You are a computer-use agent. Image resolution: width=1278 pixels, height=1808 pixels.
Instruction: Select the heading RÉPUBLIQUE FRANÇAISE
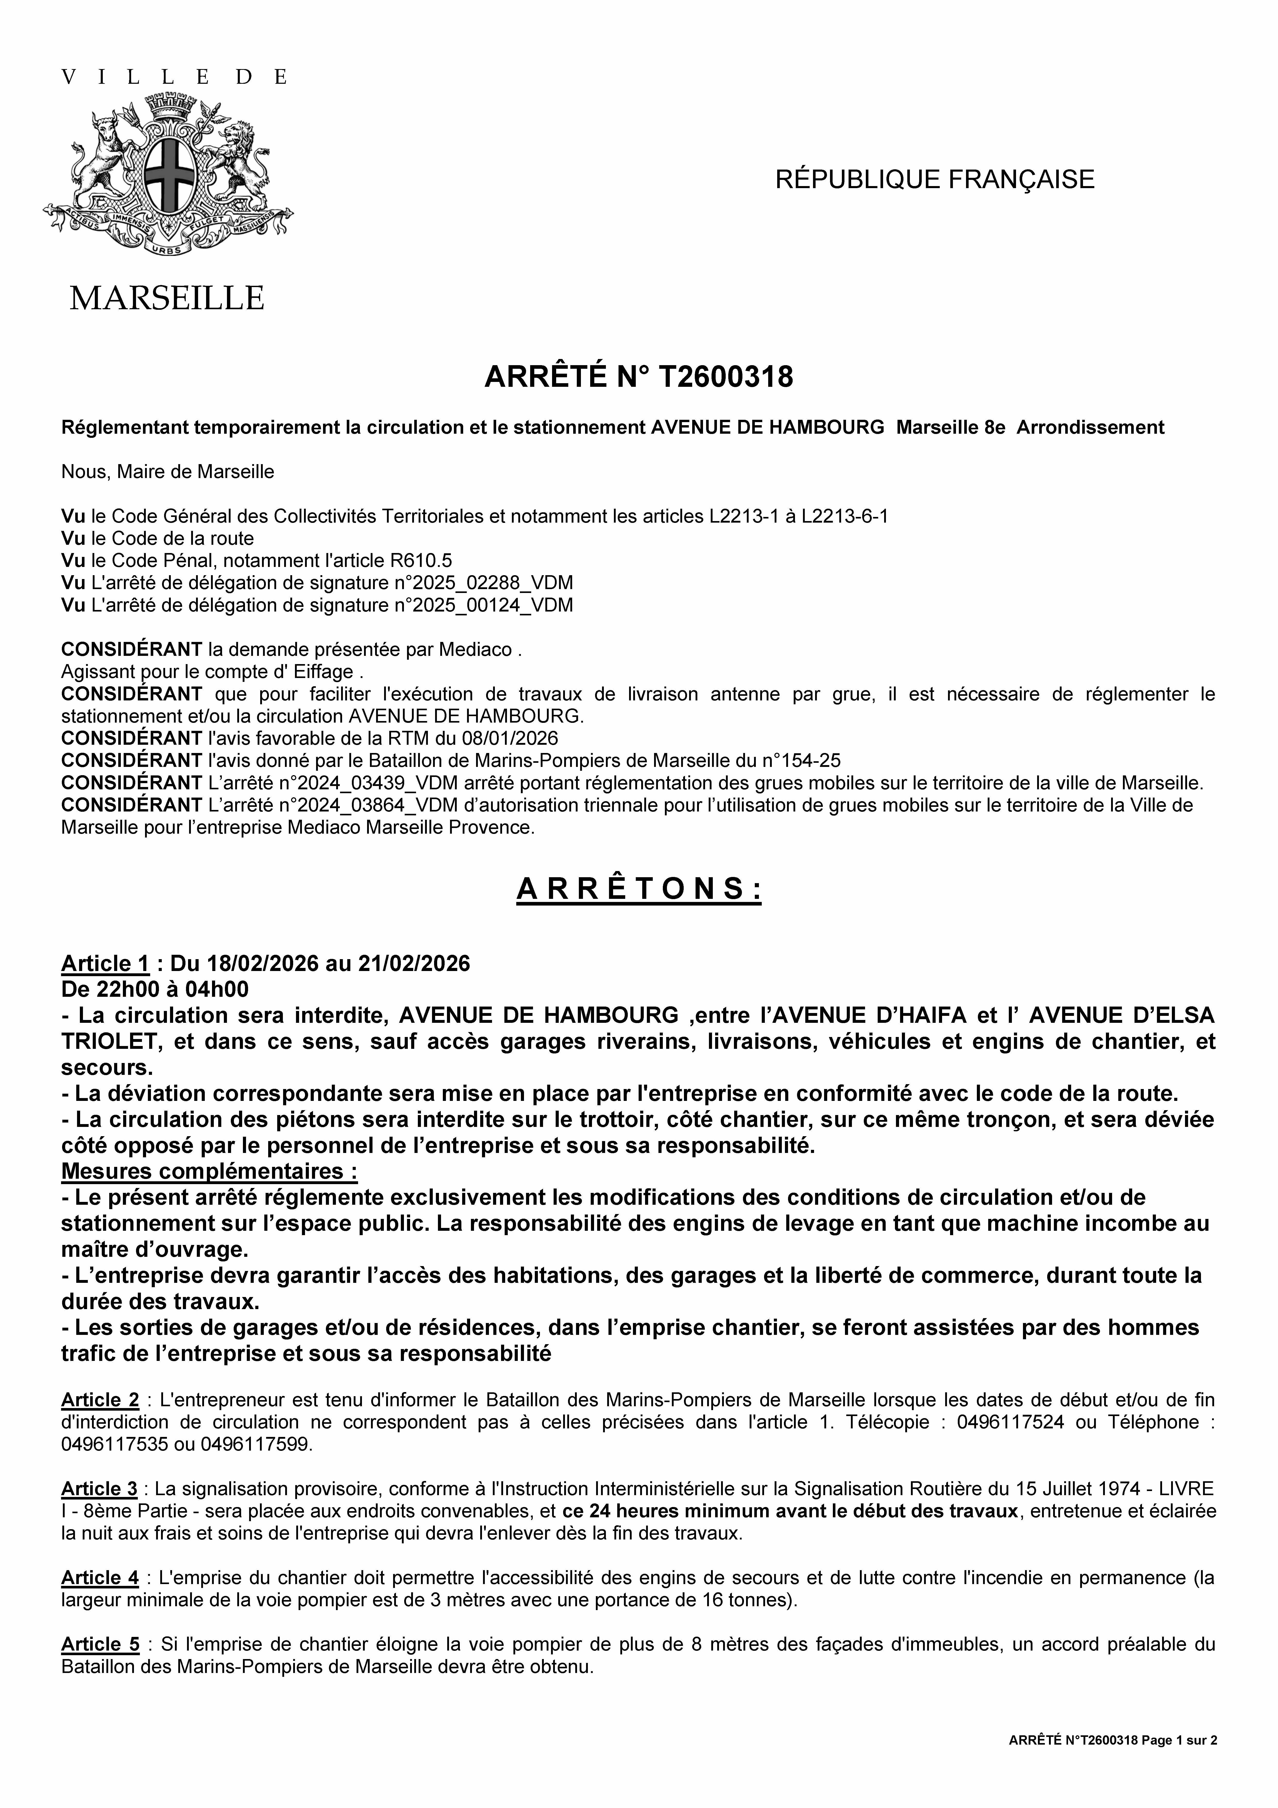(935, 180)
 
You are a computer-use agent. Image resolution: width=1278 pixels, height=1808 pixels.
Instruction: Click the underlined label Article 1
(106, 964)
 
